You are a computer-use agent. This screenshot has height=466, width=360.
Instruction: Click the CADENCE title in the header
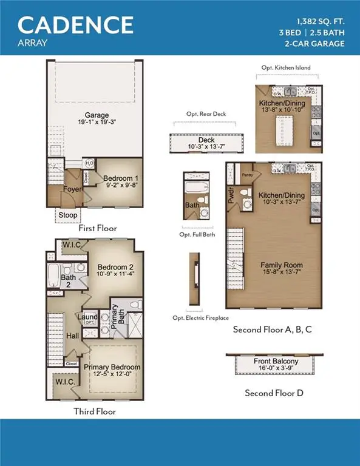(75, 24)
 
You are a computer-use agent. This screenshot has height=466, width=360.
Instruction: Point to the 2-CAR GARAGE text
(314, 43)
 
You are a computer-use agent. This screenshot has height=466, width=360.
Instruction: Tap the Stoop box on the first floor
(66, 215)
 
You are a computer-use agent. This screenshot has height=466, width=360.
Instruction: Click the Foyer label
(71, 189)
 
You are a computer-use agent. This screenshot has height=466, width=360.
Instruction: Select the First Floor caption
(97, 229)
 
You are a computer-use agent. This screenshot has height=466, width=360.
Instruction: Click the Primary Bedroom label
(112, 367)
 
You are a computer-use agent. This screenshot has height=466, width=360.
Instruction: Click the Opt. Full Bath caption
(197, 234)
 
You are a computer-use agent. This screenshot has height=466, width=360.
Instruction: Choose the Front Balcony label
(274, 362)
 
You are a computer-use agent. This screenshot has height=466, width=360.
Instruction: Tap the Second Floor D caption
(274, 393)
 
